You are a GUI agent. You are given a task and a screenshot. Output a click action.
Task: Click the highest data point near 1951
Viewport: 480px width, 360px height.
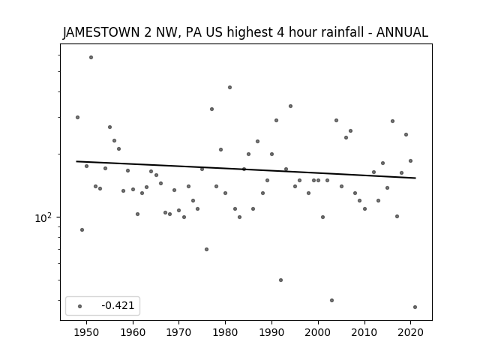pyautogui.click(x=91, y=57)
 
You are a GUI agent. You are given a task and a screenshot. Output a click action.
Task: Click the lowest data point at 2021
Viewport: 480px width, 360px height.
pyautogui.click(x=415, y=307)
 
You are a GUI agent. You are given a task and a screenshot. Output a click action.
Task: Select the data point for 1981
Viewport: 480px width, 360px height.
pyautogui.click(x=230, y=87)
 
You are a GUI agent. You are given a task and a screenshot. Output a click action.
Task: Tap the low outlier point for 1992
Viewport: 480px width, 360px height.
pyautogui.click(x=280, y=280)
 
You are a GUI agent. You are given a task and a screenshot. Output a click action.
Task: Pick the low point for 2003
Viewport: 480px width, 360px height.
pyautogui.click(x=331, y=300)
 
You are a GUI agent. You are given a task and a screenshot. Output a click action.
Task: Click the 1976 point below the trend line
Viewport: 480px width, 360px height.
pyautogui.click(x=207, y=249)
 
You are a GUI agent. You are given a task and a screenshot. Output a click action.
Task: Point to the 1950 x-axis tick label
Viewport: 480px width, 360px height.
pyautogui.click(x=87, y=332)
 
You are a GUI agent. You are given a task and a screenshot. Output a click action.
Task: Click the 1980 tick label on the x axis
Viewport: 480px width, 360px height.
pyautogui.click(x=225, y=332)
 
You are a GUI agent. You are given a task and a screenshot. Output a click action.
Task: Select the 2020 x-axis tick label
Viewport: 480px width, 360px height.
pyautogui.click(x=410, y=332)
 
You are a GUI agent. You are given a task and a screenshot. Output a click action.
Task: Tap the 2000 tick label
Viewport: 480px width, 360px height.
pyautogui.click(x=318, y=332)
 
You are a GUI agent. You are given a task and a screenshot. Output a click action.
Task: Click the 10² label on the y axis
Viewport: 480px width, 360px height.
pyautogui.click(x=43, y=218)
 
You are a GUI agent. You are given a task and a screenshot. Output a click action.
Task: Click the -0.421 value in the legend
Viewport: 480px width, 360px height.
pyautogui.click(x=118, y=305)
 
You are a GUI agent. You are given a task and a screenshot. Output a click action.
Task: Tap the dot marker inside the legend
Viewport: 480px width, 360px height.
pyautogui.click(x=79, y=306)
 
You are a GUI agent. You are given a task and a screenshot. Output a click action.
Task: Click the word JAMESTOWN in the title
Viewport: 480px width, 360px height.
pyautogui.click(x=101, y=32)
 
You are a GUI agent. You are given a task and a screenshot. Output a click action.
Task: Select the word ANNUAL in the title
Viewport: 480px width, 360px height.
pyautogui.click(x=402, y=32)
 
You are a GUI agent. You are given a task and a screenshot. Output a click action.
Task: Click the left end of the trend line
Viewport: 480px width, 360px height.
pyautogui.click(x=76, y=161)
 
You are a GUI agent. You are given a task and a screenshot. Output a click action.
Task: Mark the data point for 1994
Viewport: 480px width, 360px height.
pyautogui.click(x=290, y=106)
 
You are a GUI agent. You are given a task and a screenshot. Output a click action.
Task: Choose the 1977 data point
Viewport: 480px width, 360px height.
pyautogui.click(x=211, y=109)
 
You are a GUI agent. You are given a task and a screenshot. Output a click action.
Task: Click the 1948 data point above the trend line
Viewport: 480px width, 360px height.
pyautogui.click(x=77, y=117)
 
